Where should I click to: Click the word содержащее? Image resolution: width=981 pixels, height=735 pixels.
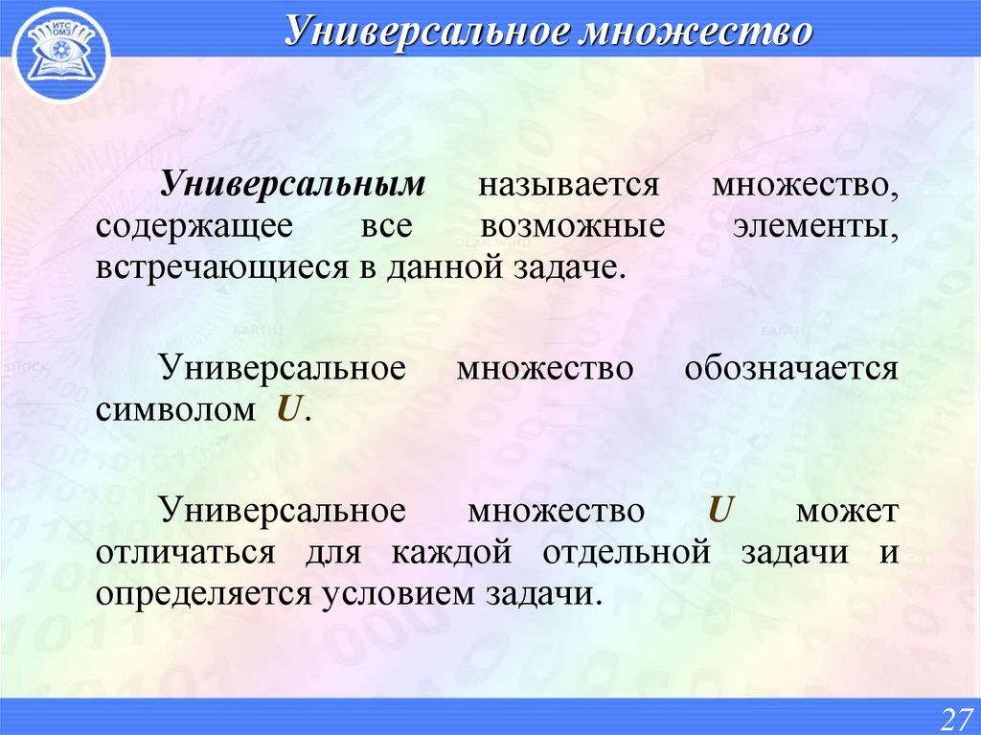[186, 226]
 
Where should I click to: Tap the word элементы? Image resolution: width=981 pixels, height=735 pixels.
[813, 226]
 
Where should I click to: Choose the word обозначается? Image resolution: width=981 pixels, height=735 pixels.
[790, 369]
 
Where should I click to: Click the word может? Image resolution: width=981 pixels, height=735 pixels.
[847, 511]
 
